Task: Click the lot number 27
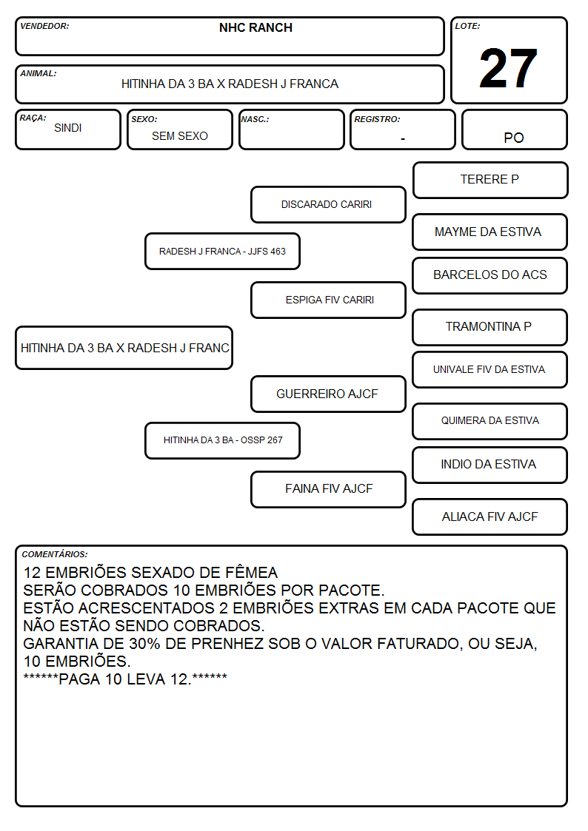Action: pyautogui.click(x=508, y=68)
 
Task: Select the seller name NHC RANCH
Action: pyautogui.click(x=255, y=27)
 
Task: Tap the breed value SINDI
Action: pyautogui.click(x=68, y=128)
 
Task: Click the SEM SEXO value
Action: pyautogui.click(x=180, y=136)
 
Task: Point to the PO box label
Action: pyautogui.click(x=514, y=138)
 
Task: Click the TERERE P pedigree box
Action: pyautogui.click(x=490, y=181)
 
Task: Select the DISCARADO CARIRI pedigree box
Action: pyautogui.click(x=328, y=204)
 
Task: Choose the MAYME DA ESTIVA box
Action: pyautogui.click(x=490, y=232)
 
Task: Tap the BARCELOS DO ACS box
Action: pyautogui.click(x=490, y=275)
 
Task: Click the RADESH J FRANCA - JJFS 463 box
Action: pyautogui.click(x=222, y=251)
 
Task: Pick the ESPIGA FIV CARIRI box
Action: pyautogui.click(x=328, y=300)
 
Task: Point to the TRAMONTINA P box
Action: pyautogui.click(x=490, y=327)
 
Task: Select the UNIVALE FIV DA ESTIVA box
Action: pyautogui.click(x=490, y=370)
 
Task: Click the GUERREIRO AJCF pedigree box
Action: pyautogui.click(x=328, y=394)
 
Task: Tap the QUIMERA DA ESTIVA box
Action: pyautogui.click(x=490, y=421)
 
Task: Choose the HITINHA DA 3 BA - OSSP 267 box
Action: pyautogui.click(x=222, y=440)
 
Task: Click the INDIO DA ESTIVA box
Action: pyautogui.click(x=490, y=465)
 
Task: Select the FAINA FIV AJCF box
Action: pyautogui.click(x=328, y=489)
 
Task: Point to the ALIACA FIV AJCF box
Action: pyautogui.click(x=490, y=517)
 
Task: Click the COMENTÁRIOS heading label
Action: pyautogui.click(x=55, y=554)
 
